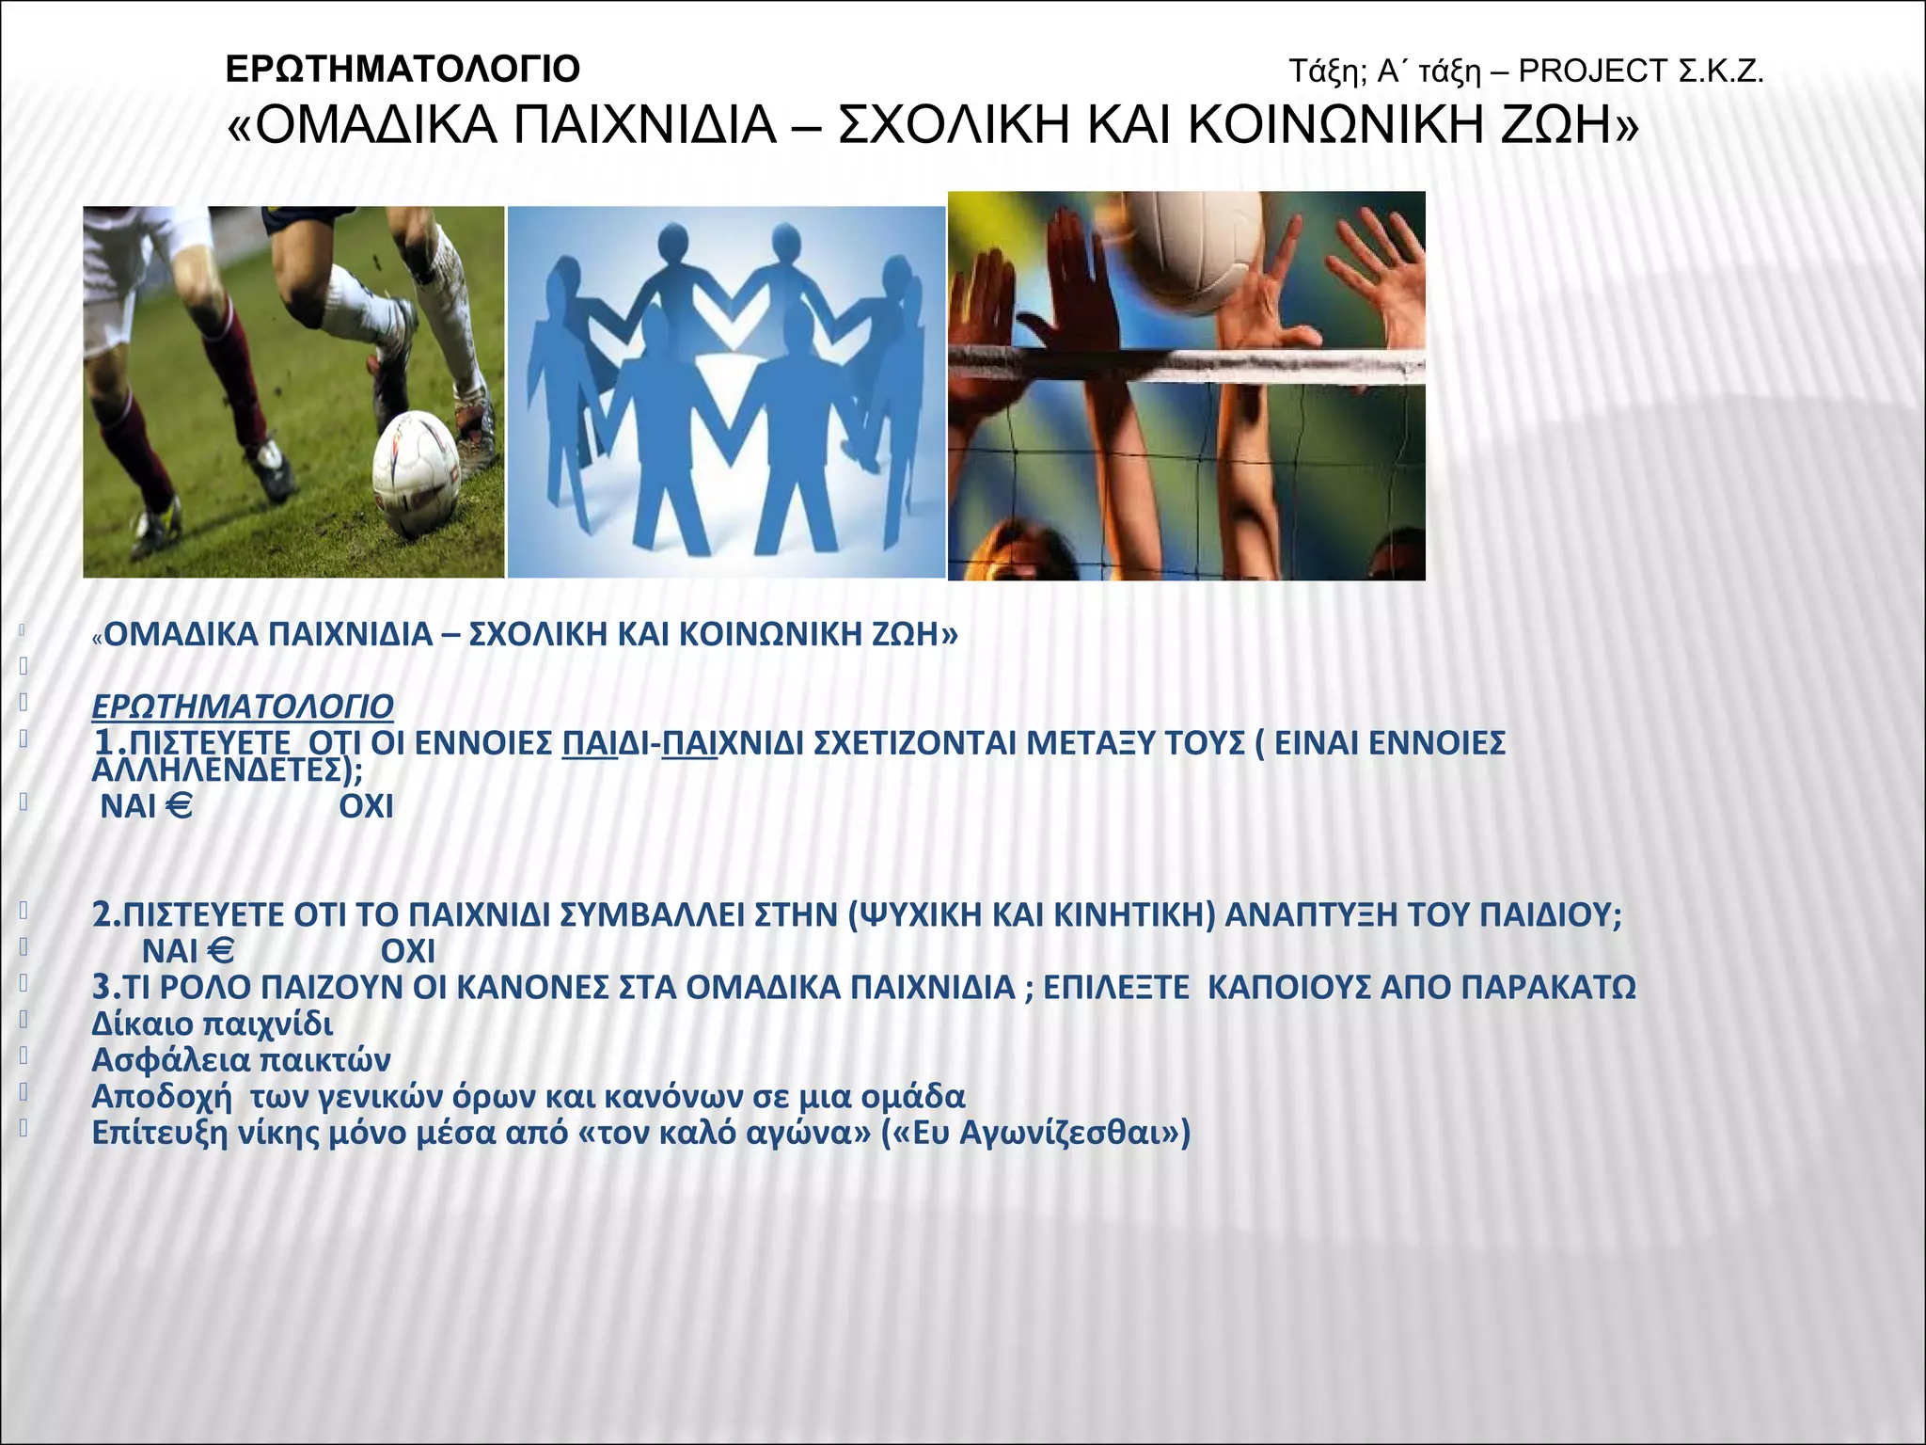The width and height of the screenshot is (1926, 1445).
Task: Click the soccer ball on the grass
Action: pyautogui.click(x=416, y=474)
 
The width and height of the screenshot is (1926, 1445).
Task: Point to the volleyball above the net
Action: pyautogui.click(x=1194, y=246)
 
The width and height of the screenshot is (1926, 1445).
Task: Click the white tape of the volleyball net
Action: pyautogui.click(x=1185, y=364)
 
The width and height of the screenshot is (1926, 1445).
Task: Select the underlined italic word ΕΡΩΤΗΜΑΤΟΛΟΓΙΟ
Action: pyautogui.click(x=243, y=706)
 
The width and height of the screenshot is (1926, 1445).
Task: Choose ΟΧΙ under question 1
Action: pyautogui.click(x=366, y=807)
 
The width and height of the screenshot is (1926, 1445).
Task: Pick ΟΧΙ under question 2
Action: pyautogui.click(x=407, y=952)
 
